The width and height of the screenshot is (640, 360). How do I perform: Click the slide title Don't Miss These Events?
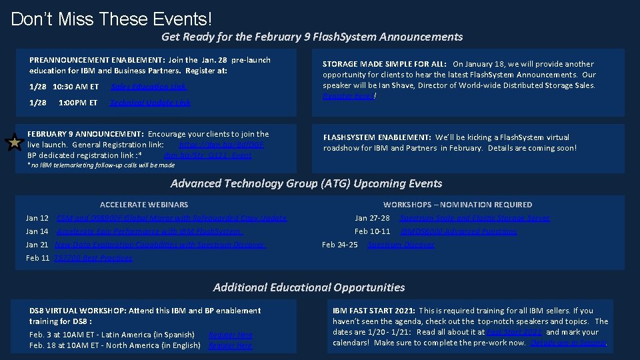coord(111,18)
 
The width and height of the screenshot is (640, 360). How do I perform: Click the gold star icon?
coord(15,142)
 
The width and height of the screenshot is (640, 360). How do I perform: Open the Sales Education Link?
coord(149,87)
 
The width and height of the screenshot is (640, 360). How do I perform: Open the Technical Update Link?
coord(150,103)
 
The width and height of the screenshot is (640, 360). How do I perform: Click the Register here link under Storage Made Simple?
coord(347,96)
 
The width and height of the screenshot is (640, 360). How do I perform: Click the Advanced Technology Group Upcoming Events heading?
coord(306,183)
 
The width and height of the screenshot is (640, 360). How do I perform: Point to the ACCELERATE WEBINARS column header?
coord(144,205)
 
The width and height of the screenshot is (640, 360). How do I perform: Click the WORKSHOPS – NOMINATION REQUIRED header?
coord(457,205)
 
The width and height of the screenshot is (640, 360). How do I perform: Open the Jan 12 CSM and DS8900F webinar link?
coord(171,218)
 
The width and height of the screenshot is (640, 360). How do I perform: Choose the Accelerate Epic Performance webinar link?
coord(149,231)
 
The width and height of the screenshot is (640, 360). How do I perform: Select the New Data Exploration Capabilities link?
coord(160,245)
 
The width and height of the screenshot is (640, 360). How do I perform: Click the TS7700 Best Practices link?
coord(93,258)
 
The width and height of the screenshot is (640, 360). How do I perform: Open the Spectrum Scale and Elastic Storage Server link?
coord(475,218)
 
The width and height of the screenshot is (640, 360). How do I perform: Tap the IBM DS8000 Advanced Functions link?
coord(458,231)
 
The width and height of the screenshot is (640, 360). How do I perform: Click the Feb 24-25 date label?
coord(339,245)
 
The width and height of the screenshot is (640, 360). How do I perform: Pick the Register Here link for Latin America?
coord(230,335)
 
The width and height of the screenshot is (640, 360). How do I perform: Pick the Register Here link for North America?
coord(230,345)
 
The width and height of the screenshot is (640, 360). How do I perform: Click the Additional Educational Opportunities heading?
coord(309,287)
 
